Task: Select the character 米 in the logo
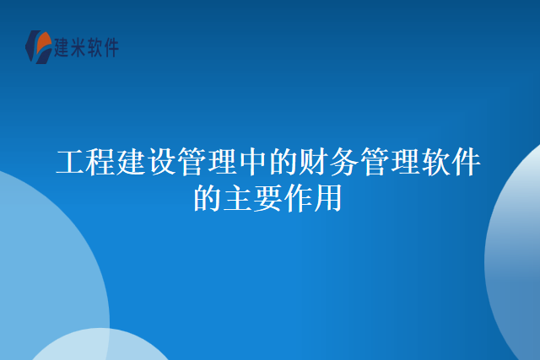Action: (x=83, y=48)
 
